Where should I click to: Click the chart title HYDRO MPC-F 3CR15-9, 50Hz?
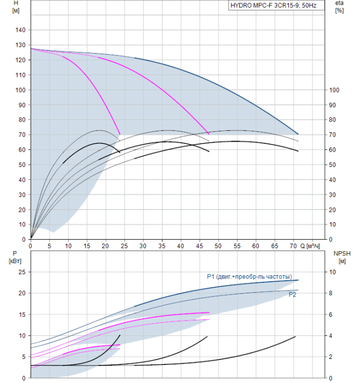point(274,5)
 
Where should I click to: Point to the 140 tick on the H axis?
point(20,30)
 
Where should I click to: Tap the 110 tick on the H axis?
point(20,75)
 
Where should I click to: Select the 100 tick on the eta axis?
point(334,90)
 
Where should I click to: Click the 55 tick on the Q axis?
point(237,246)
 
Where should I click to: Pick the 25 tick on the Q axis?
point(124,246)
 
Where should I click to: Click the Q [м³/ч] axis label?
point(310,246)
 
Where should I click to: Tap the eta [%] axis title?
point(339,7)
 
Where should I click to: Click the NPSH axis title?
point(342,258)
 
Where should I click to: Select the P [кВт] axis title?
point(15,258)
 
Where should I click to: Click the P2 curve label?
point(292,294)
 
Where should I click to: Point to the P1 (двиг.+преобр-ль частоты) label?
point(249,276)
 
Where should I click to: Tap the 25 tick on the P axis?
point(22,272)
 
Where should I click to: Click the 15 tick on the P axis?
point(22,315)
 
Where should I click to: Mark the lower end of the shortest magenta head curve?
point(120,134)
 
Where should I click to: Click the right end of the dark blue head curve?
point(298,134)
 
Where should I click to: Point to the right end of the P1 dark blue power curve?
point(298,280)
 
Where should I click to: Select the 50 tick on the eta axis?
point(332,165)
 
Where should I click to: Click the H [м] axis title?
point(16,7)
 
